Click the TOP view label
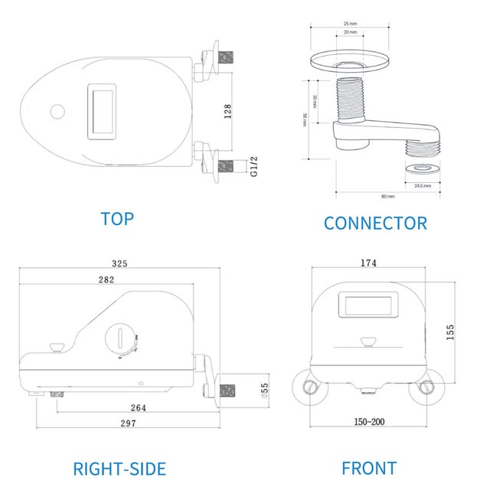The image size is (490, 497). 116,218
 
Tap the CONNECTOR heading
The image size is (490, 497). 375,223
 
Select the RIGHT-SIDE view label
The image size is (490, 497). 119,469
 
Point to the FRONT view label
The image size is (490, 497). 369,468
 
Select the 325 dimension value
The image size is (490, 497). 119,263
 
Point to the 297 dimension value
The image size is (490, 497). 129,423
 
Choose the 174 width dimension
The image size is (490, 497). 368,263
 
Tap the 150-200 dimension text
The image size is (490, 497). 369,422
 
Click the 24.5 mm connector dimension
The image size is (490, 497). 423,185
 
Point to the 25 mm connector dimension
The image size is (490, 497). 350,23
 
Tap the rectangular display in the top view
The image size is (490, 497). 103,110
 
